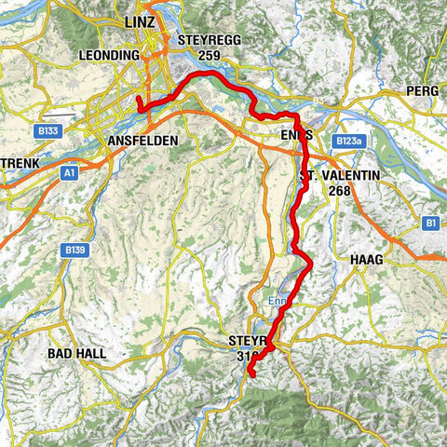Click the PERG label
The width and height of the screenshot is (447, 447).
[422, 91]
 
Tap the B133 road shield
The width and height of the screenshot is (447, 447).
[49, 132]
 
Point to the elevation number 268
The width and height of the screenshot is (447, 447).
[340, 190]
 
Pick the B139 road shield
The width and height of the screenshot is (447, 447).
[76, 251]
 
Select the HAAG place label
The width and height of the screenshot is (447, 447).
[366, 259]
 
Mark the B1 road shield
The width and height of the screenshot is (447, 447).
[429, 223]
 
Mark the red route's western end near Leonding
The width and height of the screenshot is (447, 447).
[138, 99]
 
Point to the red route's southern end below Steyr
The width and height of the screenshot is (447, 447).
[251, 373]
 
